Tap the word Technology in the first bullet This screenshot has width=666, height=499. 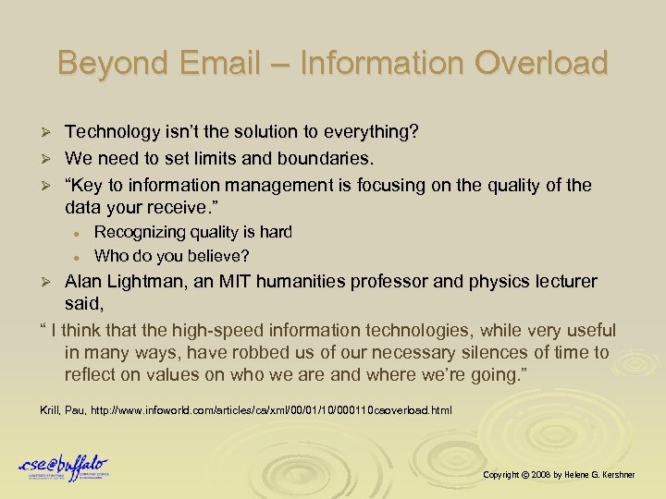pos(110,132)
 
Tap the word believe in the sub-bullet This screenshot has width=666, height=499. pos(218,255)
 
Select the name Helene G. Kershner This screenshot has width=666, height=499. pos(609,474)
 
